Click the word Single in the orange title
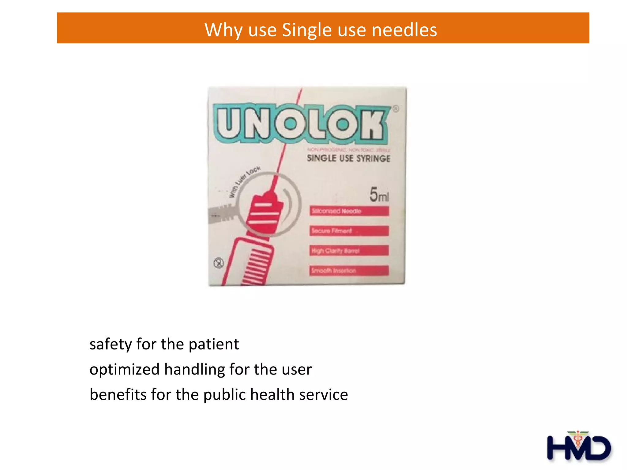(x=306, y=30)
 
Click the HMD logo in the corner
(x=579, y=447)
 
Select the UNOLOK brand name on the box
(x=302, y=124)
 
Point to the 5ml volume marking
(x=379, y=195)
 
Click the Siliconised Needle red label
(x=349, y=211)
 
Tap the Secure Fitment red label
(x=349, y=231)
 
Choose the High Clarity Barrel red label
(x=349, y=251)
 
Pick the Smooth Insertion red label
(x=349, y=271)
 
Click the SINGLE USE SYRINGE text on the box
(x=348, y=159)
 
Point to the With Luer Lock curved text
(x=245, y=182)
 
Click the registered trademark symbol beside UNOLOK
(x=396, y=109)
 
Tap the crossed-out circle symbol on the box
(x=219, y=263)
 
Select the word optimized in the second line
(x=125, y=370)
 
